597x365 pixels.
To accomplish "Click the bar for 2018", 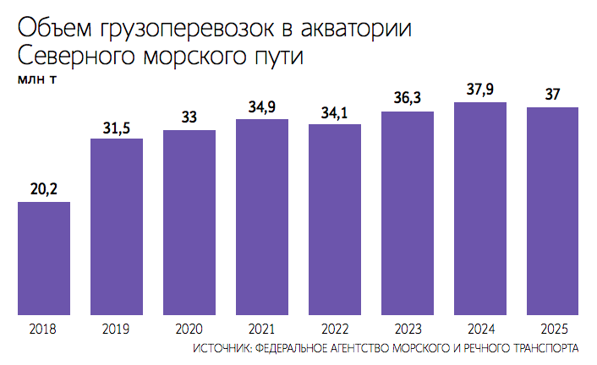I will tap(44, 258).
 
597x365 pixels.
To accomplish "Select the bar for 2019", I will tap(117, 226).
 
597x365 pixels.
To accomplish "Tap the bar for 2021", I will tap(262, 217).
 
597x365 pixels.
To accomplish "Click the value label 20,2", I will tap(44, 190).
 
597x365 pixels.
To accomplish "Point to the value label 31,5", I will tap(117, 127).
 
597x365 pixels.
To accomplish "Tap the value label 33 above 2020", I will tap(189, 117).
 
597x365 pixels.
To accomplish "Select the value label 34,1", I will tap(335, 112).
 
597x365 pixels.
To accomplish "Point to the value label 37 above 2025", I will tap(553, 95).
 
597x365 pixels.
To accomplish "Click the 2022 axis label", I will tap(335, 330).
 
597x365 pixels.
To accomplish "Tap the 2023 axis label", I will tap(408, 330).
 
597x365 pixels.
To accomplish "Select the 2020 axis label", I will tap(189, 330).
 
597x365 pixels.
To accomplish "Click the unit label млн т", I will tap(38, 80).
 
